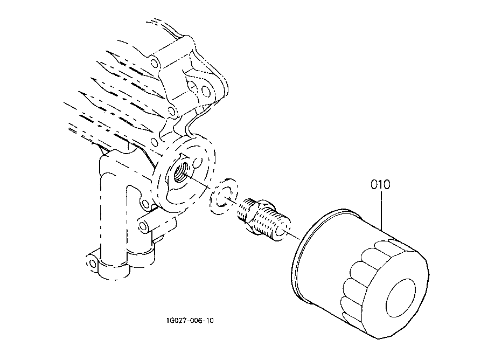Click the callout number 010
tap(380, 184)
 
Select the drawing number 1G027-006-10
tap(190, 321)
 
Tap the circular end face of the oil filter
tap(401, 298)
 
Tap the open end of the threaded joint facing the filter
tap(282, 231)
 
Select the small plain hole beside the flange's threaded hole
tap(197, 163)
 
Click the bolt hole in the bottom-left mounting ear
tap(93, 264)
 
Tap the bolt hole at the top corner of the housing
tap(155, 64)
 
